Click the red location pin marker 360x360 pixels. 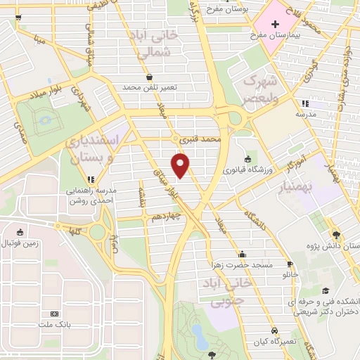tap(181, 165)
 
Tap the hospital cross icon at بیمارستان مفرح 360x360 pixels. tap(275, 24)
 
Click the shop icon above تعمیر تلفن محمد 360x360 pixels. tap(149, 77)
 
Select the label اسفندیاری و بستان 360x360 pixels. tap(94, 148)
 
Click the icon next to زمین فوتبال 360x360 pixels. tap(20, 233)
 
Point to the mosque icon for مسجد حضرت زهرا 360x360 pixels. tap(243, 255)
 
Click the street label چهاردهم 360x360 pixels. tap(167, 218)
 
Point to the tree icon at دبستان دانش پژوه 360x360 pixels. tap(337, 235)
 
